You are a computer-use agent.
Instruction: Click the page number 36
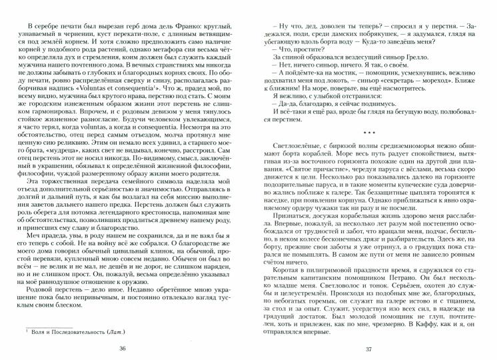point(121,349)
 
